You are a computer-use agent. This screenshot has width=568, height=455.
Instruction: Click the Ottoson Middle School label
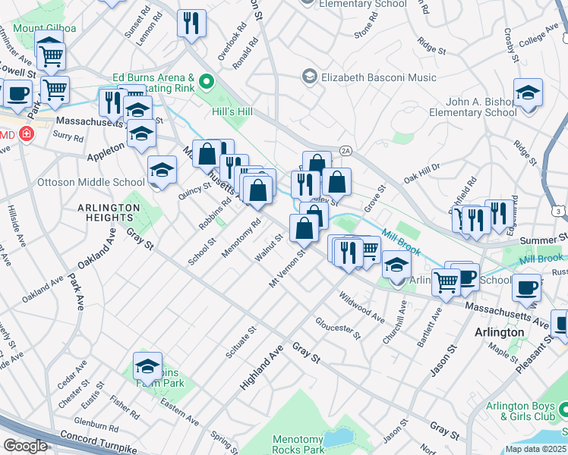tap(91, 182)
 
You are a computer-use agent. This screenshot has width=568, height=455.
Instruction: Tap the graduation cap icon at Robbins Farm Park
tap(148, 367)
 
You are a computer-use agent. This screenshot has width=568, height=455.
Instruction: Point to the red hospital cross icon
tap(27, 134)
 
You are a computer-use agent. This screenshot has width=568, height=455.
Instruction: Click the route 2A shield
tap(345, 151)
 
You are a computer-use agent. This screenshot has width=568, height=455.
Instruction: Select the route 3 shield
tap(559, 210)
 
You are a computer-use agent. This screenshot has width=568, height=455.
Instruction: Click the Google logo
tap(25, 445)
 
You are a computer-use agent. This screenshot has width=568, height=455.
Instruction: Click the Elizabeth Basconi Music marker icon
tap(309, 77)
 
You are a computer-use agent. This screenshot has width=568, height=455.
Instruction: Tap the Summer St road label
tap(540, 240)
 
